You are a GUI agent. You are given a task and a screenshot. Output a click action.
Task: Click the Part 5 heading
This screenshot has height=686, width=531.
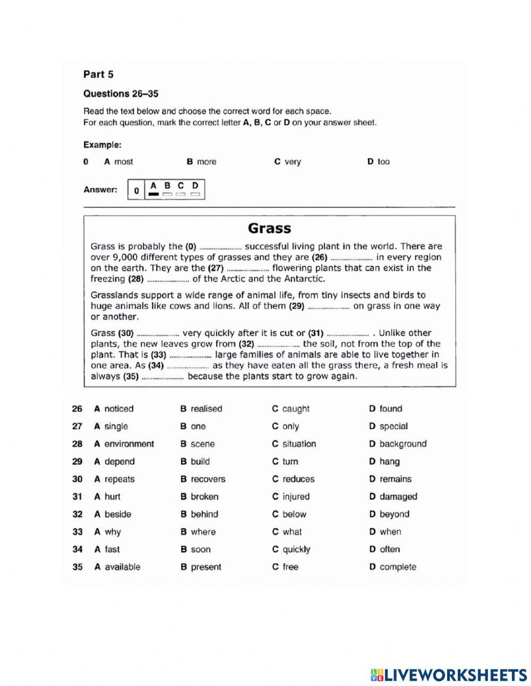point(98,74)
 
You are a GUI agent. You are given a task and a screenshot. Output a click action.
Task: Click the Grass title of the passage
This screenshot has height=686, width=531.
point(269,228)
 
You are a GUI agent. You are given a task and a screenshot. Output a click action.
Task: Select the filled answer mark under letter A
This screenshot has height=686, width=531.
point(153,194)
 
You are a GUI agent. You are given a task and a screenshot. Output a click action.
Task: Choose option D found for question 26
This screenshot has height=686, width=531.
point(386,409)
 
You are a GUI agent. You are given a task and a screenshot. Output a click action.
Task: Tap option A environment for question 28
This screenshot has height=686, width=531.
point(124,444)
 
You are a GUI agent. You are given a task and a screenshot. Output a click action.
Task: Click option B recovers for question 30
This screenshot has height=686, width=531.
point(203,479)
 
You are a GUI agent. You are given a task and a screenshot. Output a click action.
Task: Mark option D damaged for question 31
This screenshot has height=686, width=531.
point(393,496)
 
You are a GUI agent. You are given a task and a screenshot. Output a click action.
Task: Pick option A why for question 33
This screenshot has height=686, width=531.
point(107,531)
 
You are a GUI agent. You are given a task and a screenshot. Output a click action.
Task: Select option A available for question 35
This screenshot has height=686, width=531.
point(117,566)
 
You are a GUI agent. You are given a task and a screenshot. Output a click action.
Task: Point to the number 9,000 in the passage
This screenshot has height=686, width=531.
point(121,257)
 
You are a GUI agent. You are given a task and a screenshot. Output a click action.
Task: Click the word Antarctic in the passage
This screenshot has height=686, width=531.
point(303,278)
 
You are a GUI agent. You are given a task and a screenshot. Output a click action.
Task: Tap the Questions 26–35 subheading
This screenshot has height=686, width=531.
point(121,94)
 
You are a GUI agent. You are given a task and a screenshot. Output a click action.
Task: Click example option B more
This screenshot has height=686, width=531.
point(201,162)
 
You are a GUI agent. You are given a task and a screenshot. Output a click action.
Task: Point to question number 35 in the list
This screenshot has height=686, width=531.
point(78,566)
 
